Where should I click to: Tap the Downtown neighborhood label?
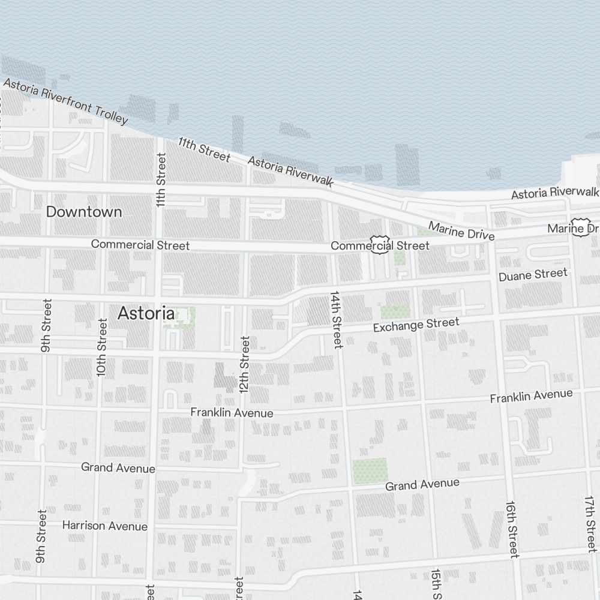coord(84,212)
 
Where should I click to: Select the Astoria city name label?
coord(146,313)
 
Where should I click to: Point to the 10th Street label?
coord(102,348)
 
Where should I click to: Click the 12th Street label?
coord(244,364)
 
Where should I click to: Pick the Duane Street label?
coord(533,275)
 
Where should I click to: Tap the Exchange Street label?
coord(416,326)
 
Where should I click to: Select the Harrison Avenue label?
coord(105,526)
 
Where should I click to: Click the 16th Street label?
coord(512,529)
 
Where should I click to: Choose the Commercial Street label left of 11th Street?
coord(140,245)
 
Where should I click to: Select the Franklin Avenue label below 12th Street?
coord(232,413)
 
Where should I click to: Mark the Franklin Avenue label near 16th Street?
coord(531,396)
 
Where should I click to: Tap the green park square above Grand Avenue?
coord(370,470)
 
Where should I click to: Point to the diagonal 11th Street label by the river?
coord(204,149)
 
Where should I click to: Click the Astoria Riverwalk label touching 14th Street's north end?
coord(290,172)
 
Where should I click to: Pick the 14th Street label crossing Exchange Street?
coord(336,319)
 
